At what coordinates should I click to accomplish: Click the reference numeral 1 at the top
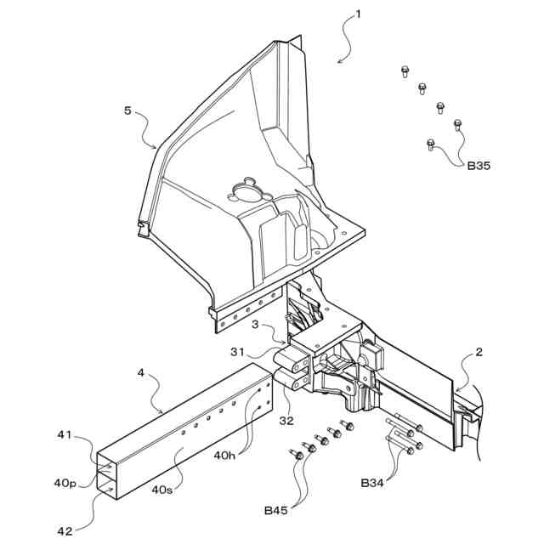point(359,14)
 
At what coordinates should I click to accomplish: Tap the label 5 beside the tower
point(127,110)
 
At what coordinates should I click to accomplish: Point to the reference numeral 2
point(479,351)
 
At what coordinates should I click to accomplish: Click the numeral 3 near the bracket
point(254,324)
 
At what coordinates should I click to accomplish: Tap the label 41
point(66,435)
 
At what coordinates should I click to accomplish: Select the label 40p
point(65,484)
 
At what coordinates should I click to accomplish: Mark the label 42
point(65,531)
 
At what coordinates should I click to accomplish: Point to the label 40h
point(224,456)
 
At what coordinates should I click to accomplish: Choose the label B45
point(275,510)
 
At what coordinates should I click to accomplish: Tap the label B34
point(372,483)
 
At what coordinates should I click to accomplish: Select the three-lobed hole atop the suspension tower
point(246,186)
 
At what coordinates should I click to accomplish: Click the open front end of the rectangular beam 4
point(110,474)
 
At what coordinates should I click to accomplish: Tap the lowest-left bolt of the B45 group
point(297,455)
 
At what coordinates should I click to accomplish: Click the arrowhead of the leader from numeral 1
point(337,61)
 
